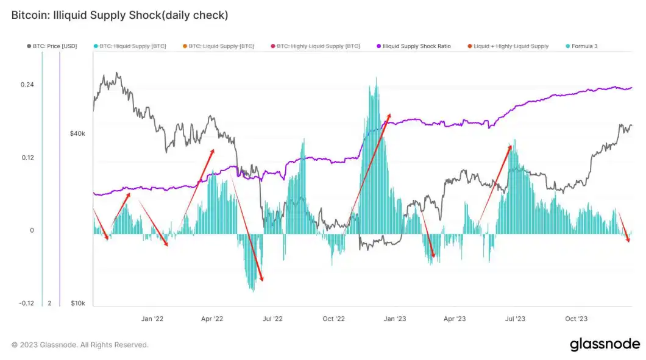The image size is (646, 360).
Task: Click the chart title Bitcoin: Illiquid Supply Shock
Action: [x=119, y=15]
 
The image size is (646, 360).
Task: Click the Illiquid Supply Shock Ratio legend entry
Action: [x=417, y=46]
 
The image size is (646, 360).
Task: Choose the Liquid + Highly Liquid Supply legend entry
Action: [x=511, y=46]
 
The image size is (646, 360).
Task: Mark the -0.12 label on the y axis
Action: [x=25, y=303]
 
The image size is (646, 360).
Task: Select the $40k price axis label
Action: [x=77, y=133]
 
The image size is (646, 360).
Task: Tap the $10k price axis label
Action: [x=77, y=303]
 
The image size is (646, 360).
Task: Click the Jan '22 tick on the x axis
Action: [x=152, y=319]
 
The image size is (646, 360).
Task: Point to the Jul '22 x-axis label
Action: [x=272, y=319]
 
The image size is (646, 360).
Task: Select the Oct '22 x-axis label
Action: [x=334, y=319]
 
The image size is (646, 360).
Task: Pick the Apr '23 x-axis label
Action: [x=455, y=319]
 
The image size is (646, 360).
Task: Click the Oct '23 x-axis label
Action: [x=576, y=319]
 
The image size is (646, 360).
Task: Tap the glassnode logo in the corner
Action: [x=604, y=345]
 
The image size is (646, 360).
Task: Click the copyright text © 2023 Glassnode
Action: [x=80, y=345]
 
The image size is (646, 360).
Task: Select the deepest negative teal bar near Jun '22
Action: [x=252, y=290]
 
